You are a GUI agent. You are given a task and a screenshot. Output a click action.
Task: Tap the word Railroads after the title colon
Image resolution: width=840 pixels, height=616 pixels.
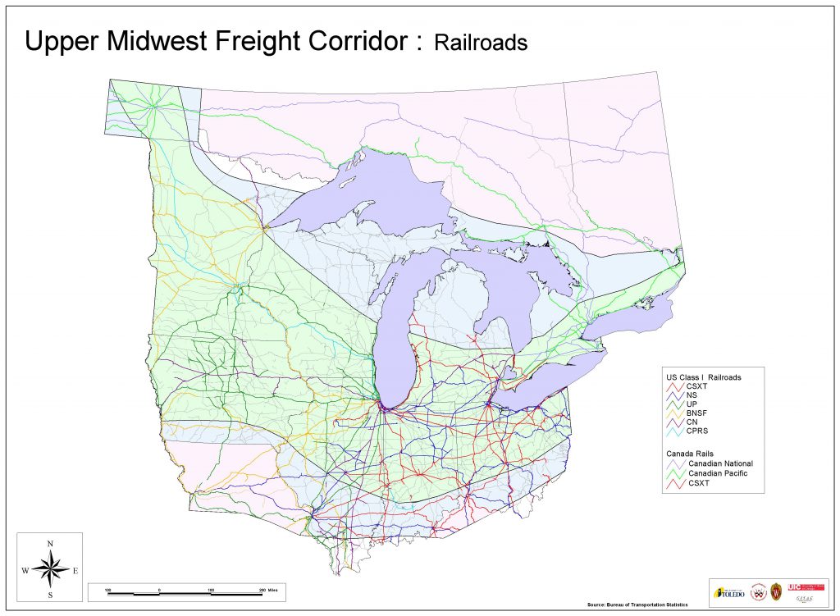point(481,43)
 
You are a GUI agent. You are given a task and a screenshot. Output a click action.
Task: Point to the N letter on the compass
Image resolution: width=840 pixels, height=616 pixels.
point(50,543)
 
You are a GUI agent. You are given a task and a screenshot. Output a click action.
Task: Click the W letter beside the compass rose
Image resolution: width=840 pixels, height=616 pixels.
point(25,570)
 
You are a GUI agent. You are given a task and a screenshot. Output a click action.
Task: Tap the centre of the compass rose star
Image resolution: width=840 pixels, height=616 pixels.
point(50,568)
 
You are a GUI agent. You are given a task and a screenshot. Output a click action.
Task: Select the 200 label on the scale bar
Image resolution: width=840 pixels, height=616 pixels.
point(262,589)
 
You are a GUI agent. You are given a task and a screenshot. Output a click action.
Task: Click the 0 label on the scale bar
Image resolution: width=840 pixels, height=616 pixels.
point(159,589)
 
